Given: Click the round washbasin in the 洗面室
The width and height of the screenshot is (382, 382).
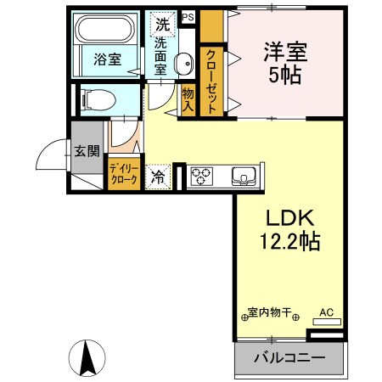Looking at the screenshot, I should (x=182, y=60).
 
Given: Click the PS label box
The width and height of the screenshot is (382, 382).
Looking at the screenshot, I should (x=188, y=16).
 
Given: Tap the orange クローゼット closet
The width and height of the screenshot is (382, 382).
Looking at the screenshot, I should (x=211, y=82).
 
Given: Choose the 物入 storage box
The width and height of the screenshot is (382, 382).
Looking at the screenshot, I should (x=188, y=98).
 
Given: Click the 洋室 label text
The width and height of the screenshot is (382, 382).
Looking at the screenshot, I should (x=286, y=50).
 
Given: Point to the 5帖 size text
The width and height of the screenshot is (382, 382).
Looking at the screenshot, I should (x=286, y=75).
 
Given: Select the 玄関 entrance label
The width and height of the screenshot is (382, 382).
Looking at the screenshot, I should (x=86, y=151).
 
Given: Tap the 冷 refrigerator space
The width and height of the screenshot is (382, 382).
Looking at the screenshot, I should (x=158, y=177).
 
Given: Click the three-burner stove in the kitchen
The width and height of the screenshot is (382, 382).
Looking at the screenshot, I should (x=202, y=177).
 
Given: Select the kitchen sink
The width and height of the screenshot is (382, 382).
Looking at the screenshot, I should (x=244, y=177).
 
